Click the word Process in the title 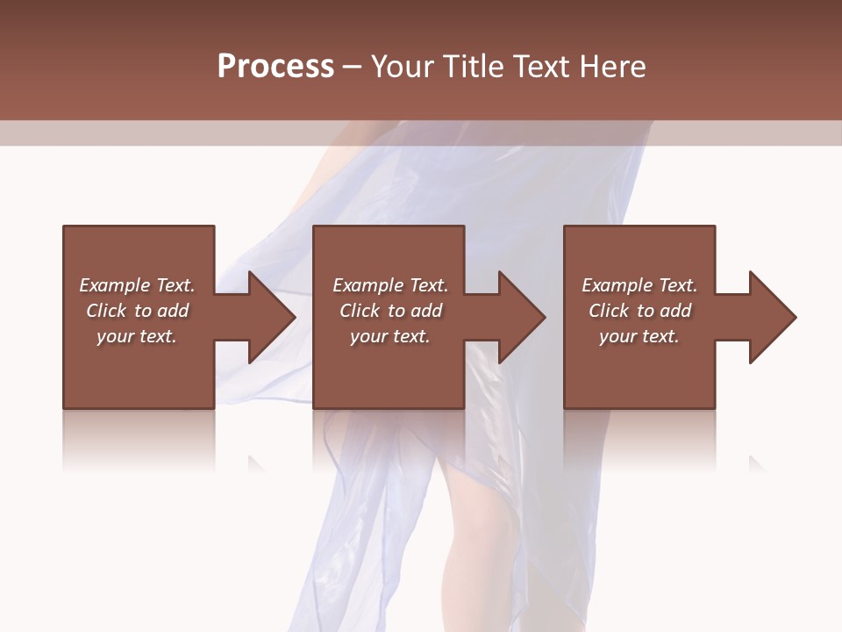(x=275, y=67)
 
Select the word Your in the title (x=403, y=67)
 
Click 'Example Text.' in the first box (x=137, y=285)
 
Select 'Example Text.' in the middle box (x=389, y=285)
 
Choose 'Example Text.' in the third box (x=639, y=285)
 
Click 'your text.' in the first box (x=137, y=336)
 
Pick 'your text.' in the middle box (x=389, y=336)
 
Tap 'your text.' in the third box (x=639, y=336)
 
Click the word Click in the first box (x=106, y=311)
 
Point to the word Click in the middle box (x=360, y=311)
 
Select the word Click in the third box (x=609, y=311)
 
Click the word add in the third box (x=675, y=311)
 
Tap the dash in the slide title (x=352, y=68)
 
